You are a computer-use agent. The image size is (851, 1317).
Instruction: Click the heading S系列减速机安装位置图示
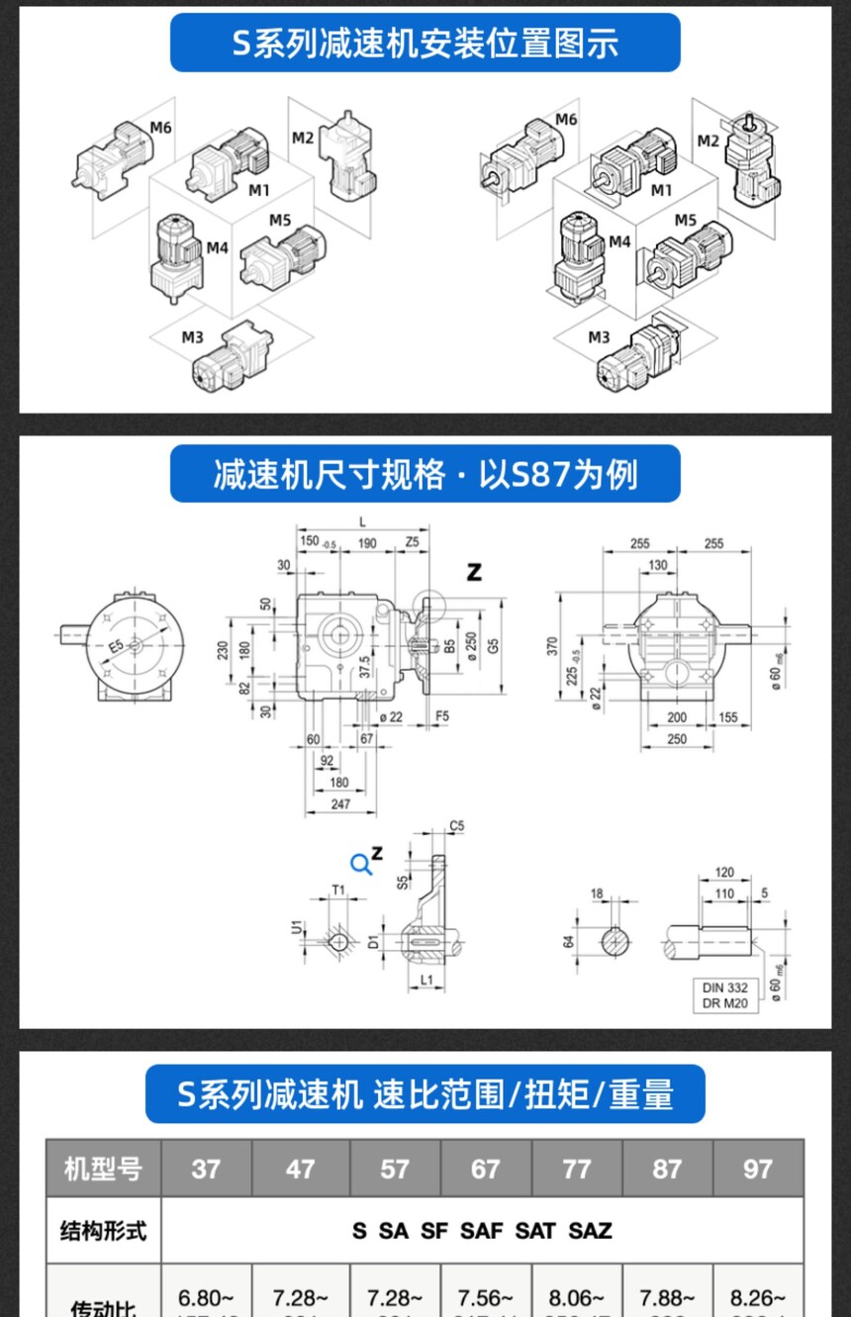[x=425, y=44]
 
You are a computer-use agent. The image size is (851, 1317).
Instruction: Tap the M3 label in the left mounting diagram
[x=192, y=337]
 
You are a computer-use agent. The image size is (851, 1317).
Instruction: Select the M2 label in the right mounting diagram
[x=707, y=141]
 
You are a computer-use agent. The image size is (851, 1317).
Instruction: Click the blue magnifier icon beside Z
[x=361, y=864]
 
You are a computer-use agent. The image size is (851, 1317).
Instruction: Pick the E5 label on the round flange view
[x=117, y=645]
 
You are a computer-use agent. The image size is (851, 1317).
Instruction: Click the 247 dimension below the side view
[x=339, y=804]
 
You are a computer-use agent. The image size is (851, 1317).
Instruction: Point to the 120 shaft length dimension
[x=724, y=873]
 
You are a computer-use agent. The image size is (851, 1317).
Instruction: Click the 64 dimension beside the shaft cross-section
[x=569, y=941]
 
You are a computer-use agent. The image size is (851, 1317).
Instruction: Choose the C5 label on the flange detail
[x=456, y=825]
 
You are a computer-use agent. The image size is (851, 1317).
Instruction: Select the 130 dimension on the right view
[x=657, y=565]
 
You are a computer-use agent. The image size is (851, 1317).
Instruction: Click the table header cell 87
[x=667, y=1169]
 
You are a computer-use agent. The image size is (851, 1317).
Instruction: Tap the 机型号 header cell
[x=103, y=1169]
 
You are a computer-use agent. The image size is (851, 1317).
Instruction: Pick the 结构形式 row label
[x=103, y=1230]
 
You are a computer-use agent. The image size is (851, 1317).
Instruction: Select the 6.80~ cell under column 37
[x=206, y=1296]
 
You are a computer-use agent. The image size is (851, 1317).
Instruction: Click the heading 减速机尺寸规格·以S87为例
[x=425, y=474]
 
